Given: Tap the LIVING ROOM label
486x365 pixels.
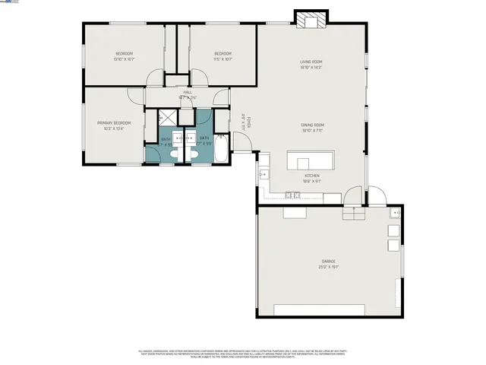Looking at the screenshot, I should click(311, 62).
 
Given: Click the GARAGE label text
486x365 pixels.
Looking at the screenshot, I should click(327, 262).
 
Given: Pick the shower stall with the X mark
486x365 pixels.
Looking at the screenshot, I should click(166, 117).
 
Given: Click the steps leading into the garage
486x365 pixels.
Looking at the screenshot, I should click(354, 213).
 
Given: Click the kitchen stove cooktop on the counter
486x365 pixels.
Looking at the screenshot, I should click(293, 195).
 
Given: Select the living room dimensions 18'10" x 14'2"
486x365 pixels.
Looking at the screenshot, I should click(311, 68).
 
